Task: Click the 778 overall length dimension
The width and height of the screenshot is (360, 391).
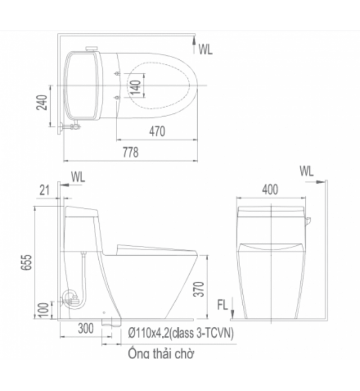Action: (130, 152)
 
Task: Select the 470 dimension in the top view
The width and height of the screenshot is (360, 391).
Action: (157, 132)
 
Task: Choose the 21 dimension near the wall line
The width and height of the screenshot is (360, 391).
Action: (46, 190)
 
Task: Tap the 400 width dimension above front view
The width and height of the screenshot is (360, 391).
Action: (270, 190)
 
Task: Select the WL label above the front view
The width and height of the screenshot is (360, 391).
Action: (306, 170)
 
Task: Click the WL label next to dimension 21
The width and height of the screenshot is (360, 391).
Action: (78, 177)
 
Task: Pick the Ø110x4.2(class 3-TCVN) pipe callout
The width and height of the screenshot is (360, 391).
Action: (180, 332)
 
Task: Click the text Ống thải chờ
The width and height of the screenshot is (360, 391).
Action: (161, 353)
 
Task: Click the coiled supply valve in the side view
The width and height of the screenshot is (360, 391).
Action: (70, 299)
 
